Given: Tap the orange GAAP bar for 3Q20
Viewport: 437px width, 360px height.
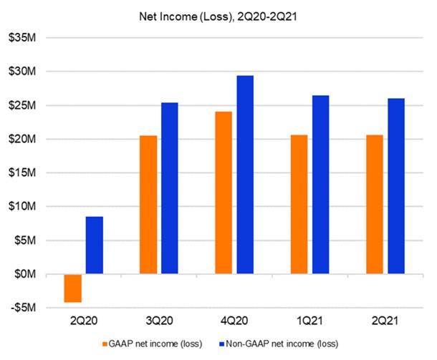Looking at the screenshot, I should [148, 205].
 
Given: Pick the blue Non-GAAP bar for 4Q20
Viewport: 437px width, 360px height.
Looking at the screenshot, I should [245, 175].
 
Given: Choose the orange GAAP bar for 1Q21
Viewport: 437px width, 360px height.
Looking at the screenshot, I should [299, 205].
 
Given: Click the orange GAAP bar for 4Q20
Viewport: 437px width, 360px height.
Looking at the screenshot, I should [224, 193].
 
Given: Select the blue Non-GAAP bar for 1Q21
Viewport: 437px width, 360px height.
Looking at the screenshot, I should [320, 185].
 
